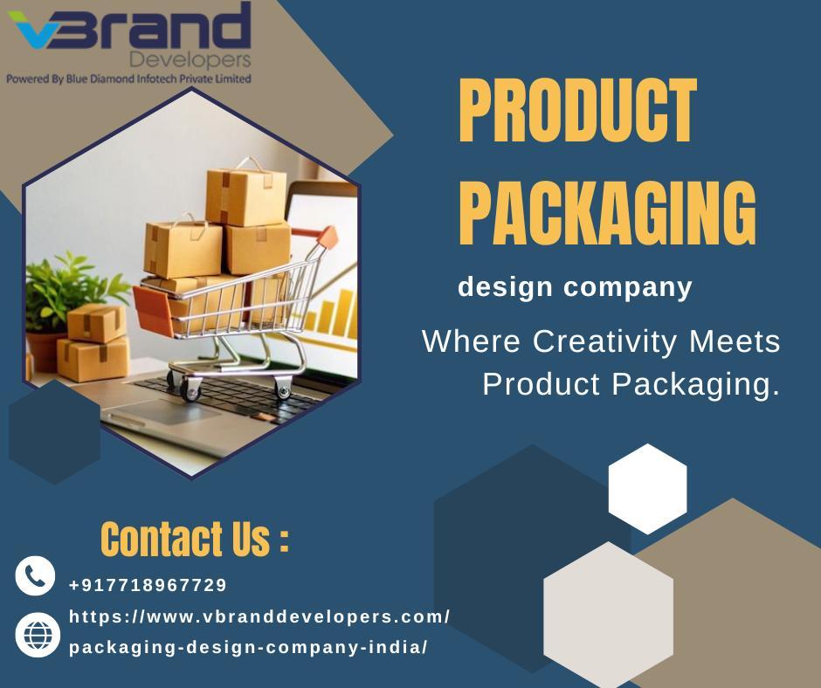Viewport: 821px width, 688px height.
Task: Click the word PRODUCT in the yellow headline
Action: pyautogui.click(x=577, y=111)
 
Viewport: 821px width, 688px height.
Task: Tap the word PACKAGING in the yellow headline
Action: pyautogui.click(x=607, y=212)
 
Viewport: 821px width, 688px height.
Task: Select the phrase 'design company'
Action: pyautogui.click(x=575, y=288)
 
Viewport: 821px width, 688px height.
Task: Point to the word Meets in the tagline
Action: pyautogui.click(x=735, y=341)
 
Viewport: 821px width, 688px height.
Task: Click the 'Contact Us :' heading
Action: pyautogui.click(x=194, y=539)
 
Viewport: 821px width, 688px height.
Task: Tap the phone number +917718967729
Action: pyautogui.click(x=148, y=585)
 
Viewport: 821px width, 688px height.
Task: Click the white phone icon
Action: pyautogui.click(x=35, y=576)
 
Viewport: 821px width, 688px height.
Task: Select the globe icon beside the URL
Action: pyautogui.click(x=38, y=635)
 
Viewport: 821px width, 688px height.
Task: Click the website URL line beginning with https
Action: pyautogui.click(x=259, y=616)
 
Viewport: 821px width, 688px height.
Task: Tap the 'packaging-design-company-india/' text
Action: pyautogui.click(x=248, y=647)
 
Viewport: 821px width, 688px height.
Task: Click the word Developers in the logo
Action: pyautogui.click(x=190, y=60)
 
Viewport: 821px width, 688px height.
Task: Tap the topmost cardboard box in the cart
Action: pyautogui.click(x=245, y=195)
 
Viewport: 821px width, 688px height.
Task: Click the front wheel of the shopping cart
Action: pyautogui.click(x=190, y=390)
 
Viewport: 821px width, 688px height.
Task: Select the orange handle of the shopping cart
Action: pyautogui.click(x=328, y=237)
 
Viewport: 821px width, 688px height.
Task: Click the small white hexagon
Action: pyautogui.click(x=648, y=489)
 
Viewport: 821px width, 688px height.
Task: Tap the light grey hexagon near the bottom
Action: pyautogui.click(x=609, y=615)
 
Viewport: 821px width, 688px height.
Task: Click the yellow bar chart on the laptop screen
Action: pyautogui.click(x=333, y=313)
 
